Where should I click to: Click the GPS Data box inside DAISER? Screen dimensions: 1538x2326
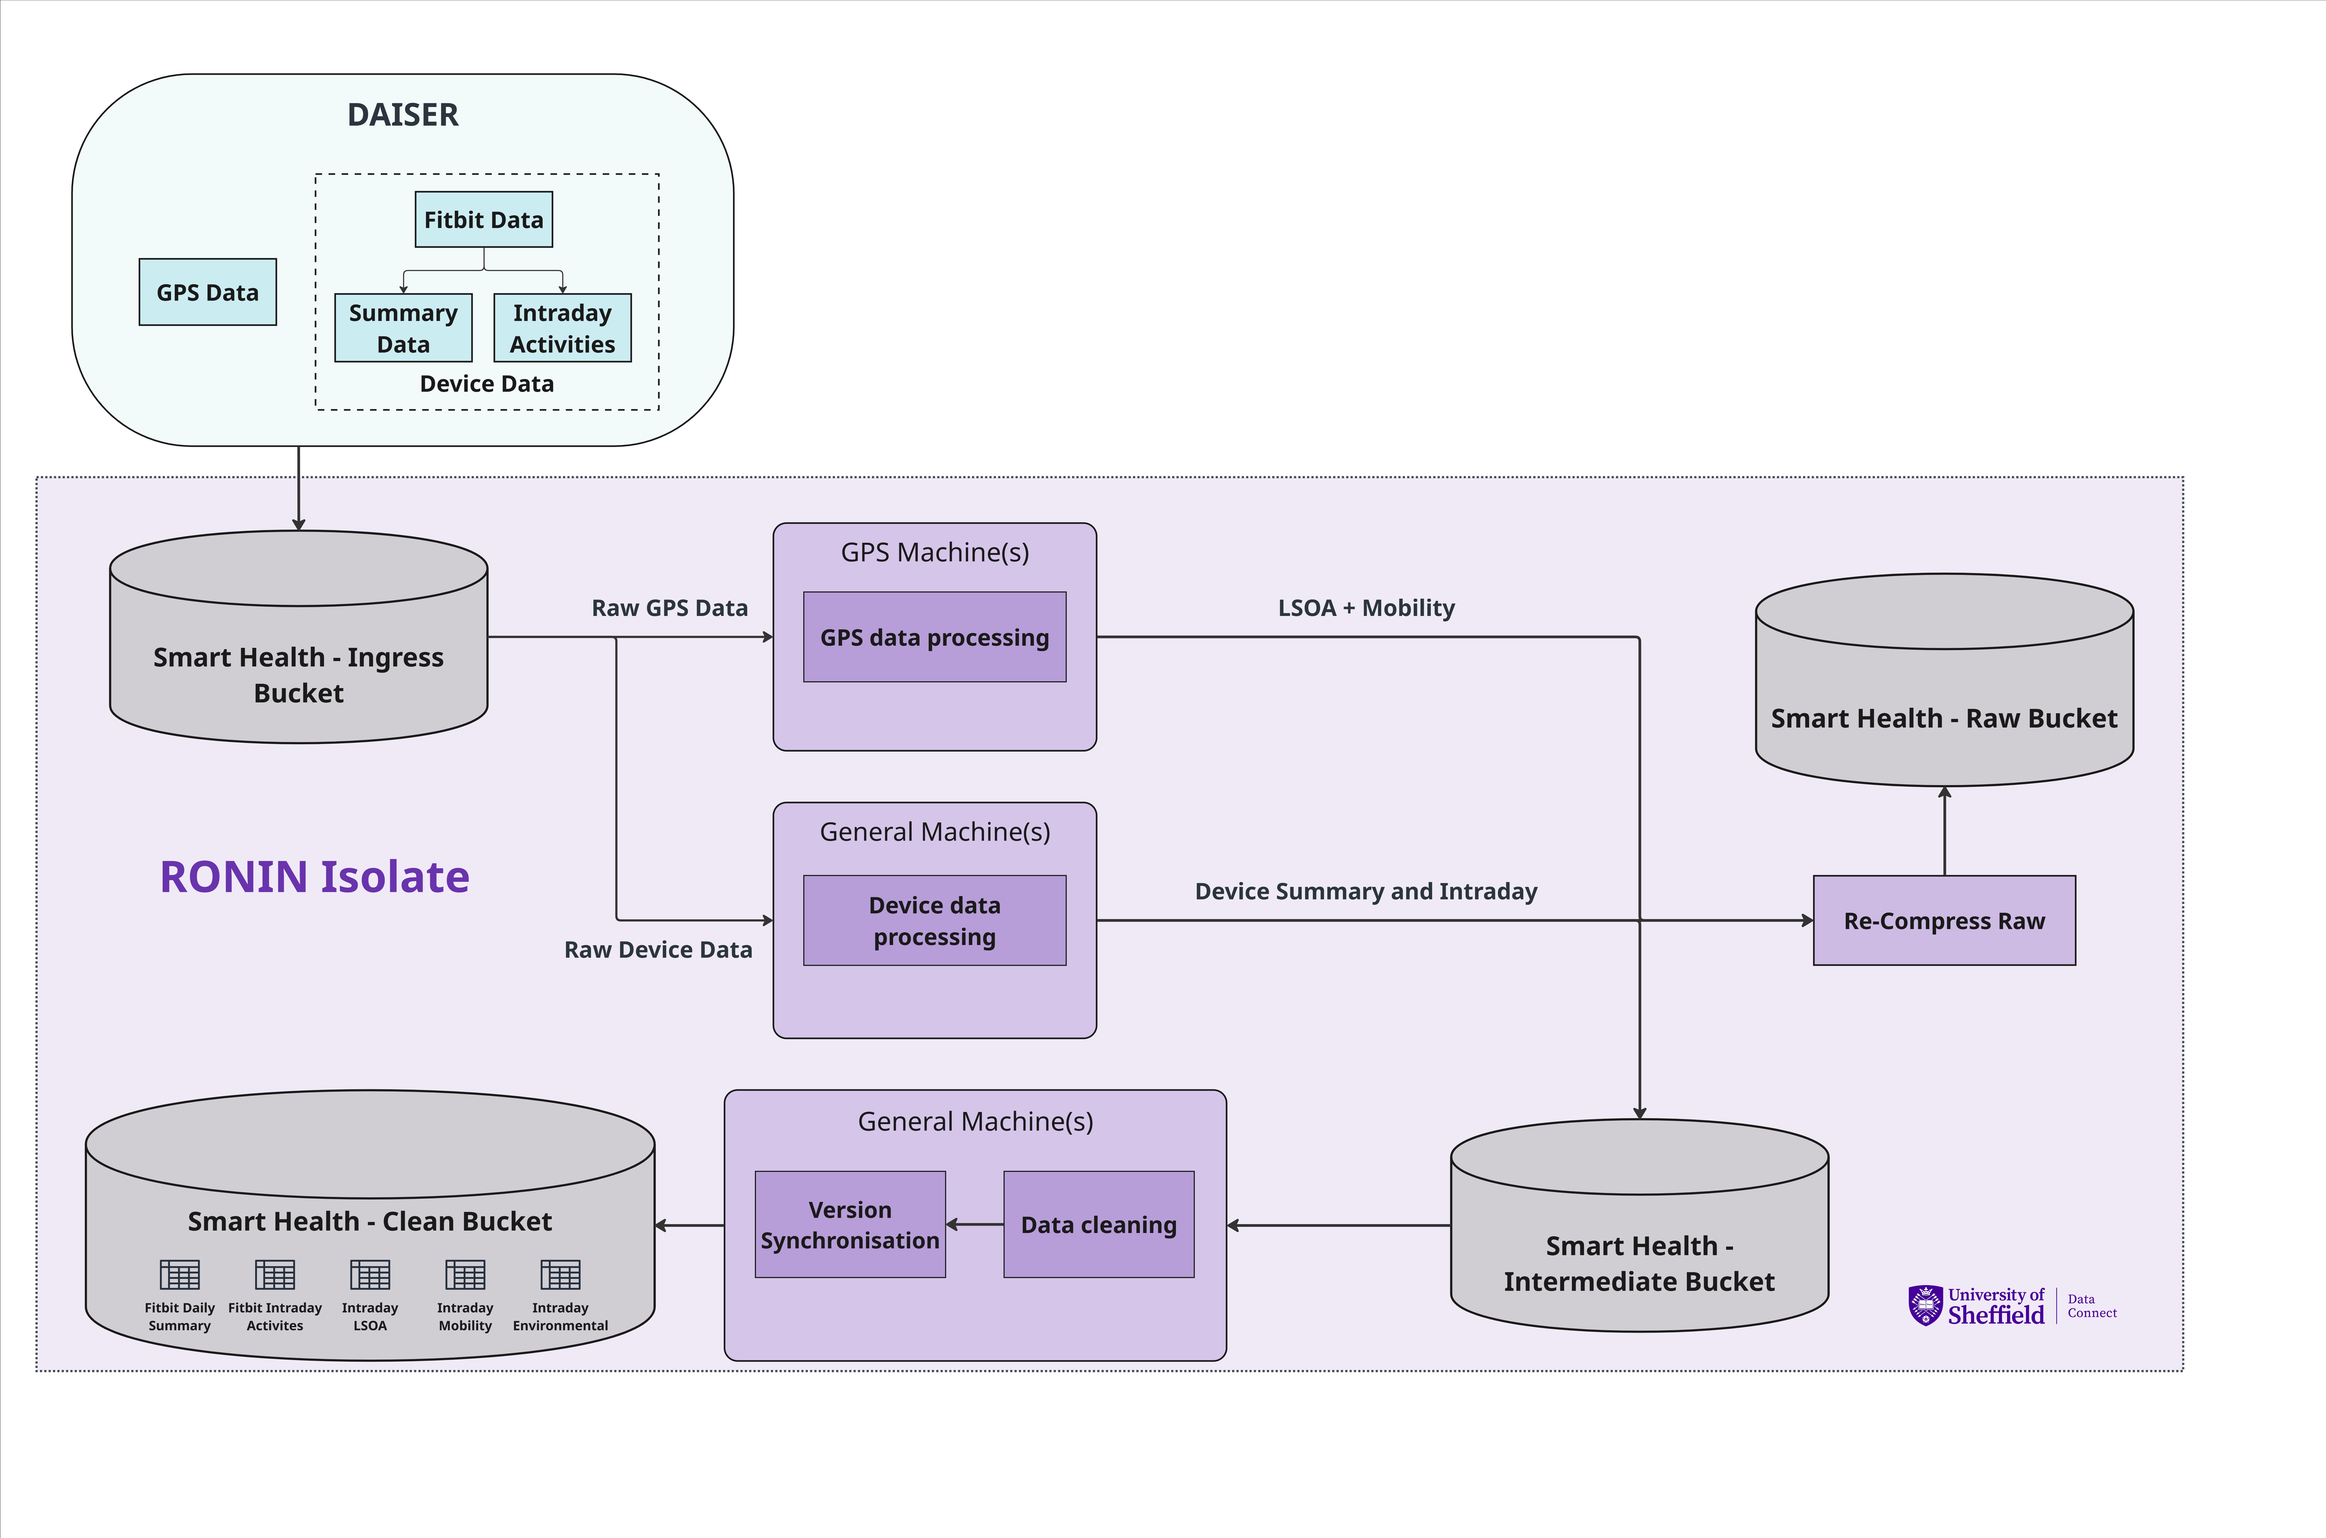click(x=208, y=292)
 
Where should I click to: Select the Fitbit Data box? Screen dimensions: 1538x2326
click(x=484, y=220)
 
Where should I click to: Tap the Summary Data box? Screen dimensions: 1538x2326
click(x=403, y=328)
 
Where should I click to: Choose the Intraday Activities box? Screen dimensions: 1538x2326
click(x=562, y=328)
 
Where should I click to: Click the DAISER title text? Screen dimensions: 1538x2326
click(x=403, y=115)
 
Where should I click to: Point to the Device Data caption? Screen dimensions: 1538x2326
click(x=486, y=384)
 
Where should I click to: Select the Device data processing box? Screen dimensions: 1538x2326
click(x=934, y=920)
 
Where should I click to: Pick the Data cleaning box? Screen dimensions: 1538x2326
click(x=1099, y=1224)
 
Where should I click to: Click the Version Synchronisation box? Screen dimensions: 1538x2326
click(x=849, y=1224)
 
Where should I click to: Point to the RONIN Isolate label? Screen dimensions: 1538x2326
click(x=314, y=876)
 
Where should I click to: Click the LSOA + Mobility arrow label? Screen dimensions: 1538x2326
click(x=1366, y=608)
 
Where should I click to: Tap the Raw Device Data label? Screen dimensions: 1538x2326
click(x=658, y=950)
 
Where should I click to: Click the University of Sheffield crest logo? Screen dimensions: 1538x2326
click(x=1925, y=1306)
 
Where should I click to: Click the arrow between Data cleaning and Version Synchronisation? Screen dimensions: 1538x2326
click(x=974, y=1224)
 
